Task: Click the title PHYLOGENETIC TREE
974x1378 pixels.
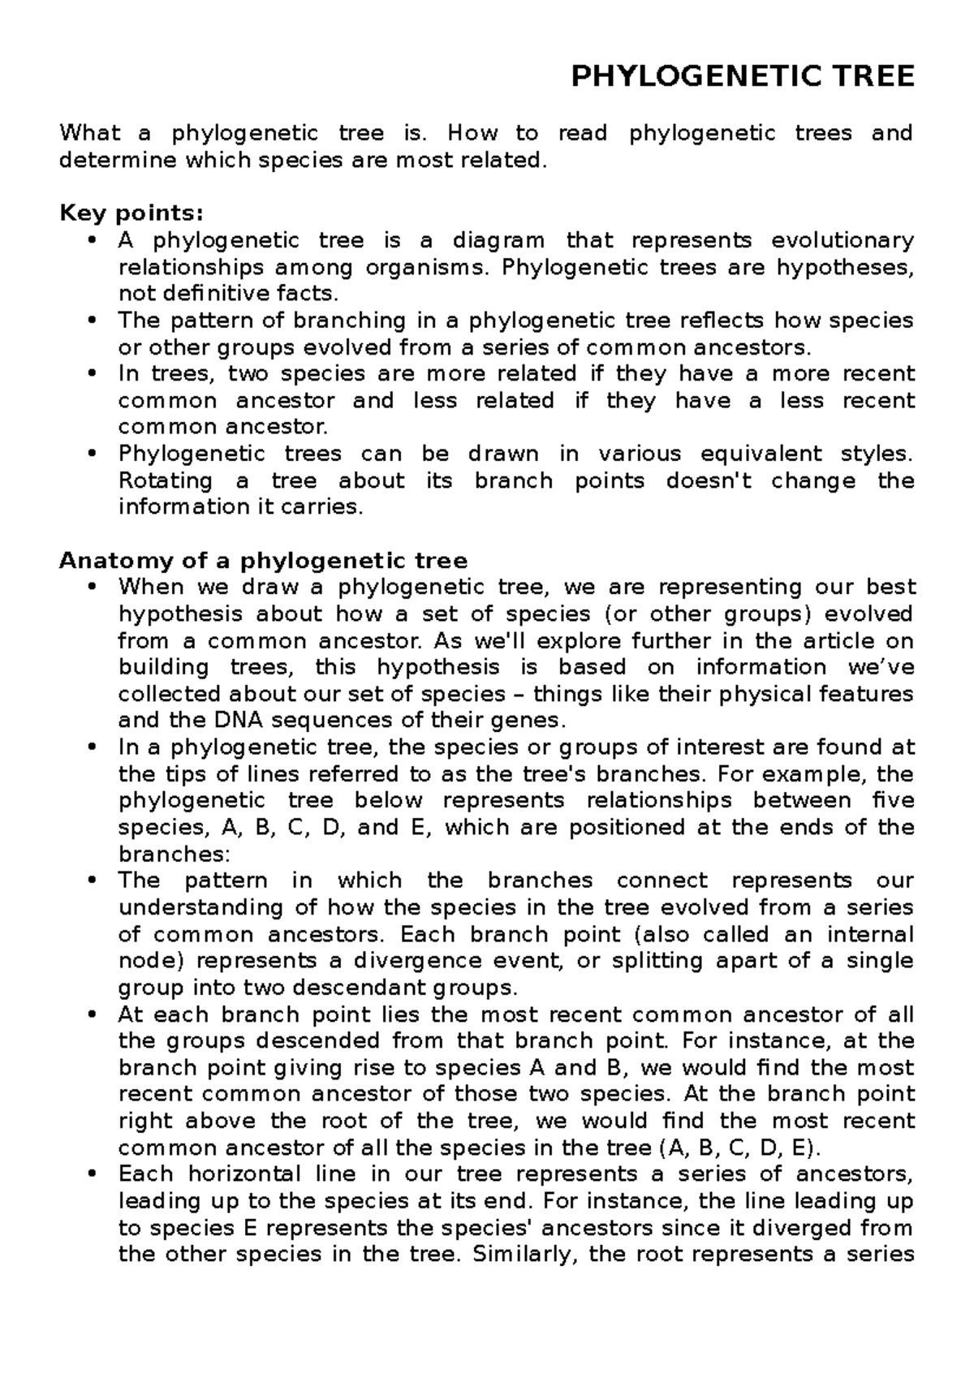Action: (743, 77)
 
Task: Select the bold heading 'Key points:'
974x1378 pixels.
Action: (131, 213)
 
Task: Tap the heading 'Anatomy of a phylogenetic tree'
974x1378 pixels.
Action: (264, 561)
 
